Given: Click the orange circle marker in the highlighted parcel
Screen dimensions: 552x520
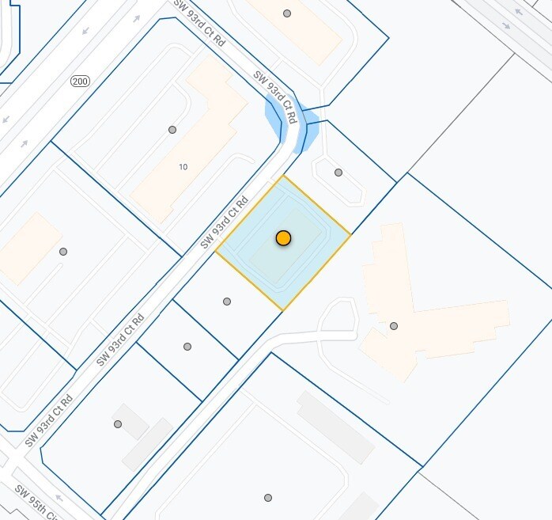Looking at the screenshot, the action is (283, 237).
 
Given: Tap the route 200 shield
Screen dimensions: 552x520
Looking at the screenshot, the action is (79, 82).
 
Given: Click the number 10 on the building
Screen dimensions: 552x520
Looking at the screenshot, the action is (183, 167).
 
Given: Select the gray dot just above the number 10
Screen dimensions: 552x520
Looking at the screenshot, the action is (172, 130).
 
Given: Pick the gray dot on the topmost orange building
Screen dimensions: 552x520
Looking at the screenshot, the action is (287, 13).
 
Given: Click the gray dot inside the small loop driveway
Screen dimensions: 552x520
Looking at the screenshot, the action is (338, 173).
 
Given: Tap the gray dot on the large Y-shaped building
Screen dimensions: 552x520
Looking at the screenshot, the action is (393, 326).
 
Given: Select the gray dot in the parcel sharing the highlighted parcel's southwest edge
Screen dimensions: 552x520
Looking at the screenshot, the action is (227, 302).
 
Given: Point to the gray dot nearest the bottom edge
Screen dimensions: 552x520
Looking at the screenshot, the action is (268, 498).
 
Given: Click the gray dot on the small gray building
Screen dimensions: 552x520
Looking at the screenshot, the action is (118, 424).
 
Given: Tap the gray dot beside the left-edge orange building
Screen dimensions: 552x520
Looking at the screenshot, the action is (63, 252).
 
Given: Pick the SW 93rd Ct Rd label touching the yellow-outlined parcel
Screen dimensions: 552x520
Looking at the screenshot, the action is (225, 222).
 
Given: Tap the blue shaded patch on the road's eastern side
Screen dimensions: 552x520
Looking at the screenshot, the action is (309, 131).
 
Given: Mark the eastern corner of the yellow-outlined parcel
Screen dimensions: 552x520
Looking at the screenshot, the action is (350, 234).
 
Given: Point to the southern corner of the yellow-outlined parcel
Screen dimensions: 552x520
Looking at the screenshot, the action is (282, 309).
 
